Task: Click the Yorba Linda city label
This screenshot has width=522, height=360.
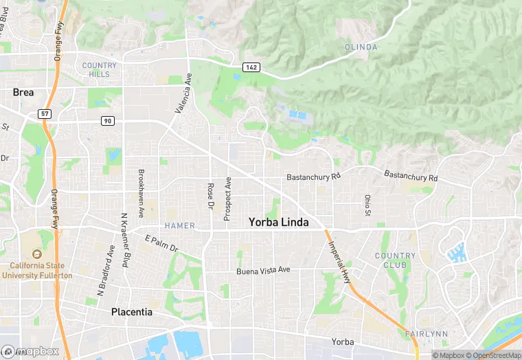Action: point(278,223)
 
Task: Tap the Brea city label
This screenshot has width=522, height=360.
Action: point(23,92)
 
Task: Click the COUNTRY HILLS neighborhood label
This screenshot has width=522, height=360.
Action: point(100,69)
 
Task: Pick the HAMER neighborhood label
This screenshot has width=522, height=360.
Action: point(179,225)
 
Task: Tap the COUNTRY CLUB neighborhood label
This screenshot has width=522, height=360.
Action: point(395,260)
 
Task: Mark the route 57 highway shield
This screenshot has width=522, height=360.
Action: point(44,113)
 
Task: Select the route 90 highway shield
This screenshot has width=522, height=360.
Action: point(107,121)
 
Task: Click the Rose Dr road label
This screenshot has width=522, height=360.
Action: point(211,196)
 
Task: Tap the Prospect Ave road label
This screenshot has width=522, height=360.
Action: point(227,198)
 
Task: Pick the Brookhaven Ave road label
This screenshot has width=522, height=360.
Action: point(141,194)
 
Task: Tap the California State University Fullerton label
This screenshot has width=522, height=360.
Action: point(37,270)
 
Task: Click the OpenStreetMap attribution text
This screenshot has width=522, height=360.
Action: point(493,355)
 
